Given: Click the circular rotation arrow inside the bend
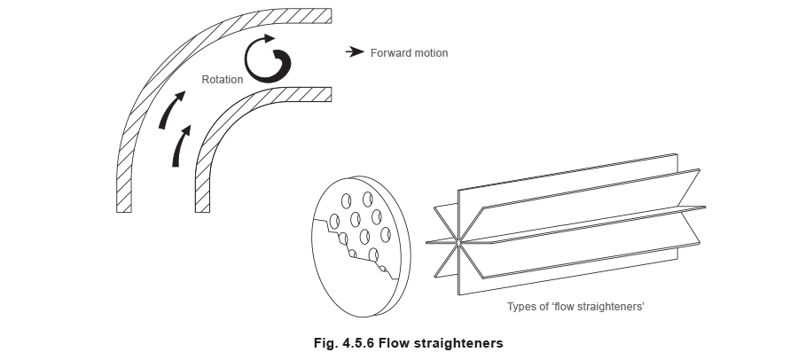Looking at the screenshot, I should pos(267,59).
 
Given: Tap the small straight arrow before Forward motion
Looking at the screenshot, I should pos(355,52).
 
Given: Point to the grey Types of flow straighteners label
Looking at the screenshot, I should pos(575,307).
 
